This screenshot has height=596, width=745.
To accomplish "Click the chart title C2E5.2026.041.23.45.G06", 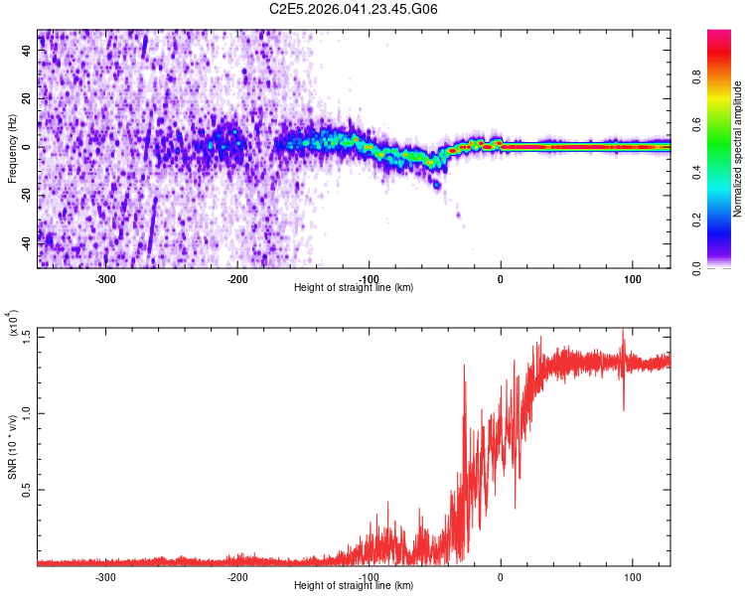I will pyautogui.click(x=355, y=9).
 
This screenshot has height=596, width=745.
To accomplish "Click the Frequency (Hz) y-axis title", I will pyautogui.click(x=12, y=148).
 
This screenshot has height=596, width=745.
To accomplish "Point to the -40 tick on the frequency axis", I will pyautogui.click(x=27, y=240).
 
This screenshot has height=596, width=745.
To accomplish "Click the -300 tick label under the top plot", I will pyautogui.click(x=105, y=278).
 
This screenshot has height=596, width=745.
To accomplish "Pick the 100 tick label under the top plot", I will pyautogui.click(x=632, y=278).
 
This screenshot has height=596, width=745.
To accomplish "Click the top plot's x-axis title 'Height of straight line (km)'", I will pyautogui.click(x=354, y=287).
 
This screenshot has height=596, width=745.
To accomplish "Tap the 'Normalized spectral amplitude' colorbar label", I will pyautogui.click(x=738, y=149).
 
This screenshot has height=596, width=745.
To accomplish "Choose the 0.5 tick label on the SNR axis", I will pyautogui.click(x=27, y=490).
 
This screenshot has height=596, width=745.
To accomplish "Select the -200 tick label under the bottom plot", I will pyautogui.click(x=237, y=576).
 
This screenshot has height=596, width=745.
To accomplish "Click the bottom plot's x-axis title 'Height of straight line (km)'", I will pyautogui.click(x=354, y=585).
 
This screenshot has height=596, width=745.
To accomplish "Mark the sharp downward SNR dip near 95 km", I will pyautogui.click(x=624, y=407).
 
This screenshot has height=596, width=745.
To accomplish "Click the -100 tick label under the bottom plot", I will pyautogui.click(x=369, y=576).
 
